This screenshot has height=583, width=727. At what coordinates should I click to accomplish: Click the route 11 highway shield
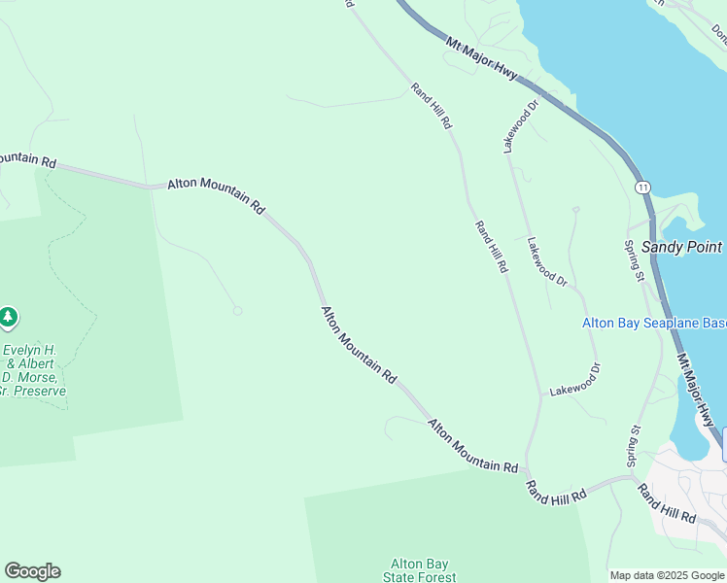pyautogui.click(x=642, y=186)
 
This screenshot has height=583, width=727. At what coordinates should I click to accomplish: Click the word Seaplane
pyautogui.click(x=669, y=324)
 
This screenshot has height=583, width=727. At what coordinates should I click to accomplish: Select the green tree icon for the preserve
pyautogui.click(x=9, y=317)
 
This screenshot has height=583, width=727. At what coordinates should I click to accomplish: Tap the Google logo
pyautogui.click(x=32, y=571)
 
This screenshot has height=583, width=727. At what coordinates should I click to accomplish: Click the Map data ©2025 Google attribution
pyautogui.click(x=667, y=575)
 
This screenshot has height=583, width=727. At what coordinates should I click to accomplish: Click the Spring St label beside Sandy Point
pyautogui.click(x=634, y=260)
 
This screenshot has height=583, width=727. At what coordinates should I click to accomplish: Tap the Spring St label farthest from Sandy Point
pyautogui.click(x=634, y=442)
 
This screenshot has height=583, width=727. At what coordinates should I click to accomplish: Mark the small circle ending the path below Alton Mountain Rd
pyautogui.click(x=237, y=311)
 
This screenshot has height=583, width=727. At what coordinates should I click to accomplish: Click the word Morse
pyautogui.click(x=46, y=377)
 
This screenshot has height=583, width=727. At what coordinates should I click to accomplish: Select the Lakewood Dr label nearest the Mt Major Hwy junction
pyautogui.click(x=520, y=126)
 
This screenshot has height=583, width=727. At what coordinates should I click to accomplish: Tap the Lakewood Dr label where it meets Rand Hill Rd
pyautogui.click(x=575, y=378)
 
